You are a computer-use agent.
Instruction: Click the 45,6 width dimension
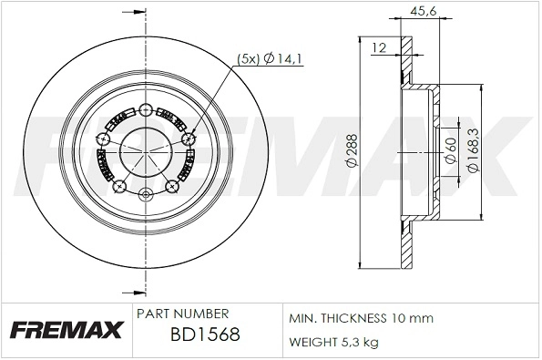pyautogui.click(x=419, y=12)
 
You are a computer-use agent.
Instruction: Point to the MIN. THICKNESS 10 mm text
pyautogui.click(x=360, y=318)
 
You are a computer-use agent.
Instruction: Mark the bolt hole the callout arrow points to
pyautogui.click(x=189, y=139)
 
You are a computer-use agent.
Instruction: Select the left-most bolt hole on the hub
pyautogui.click(x=103, y=139)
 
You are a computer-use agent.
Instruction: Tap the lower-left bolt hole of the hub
pyautogui.click(x=120, y=187)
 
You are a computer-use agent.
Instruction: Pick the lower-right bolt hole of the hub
pyautogui.click(x=171, y=187)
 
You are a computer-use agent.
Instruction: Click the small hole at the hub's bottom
pyautogui.click(x=146, y=193)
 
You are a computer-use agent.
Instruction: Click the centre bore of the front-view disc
pyautogui.click(x=146, y=149)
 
